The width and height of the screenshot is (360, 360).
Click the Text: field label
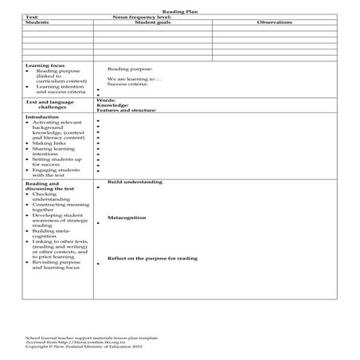pyautogui.click(x=33, y=18)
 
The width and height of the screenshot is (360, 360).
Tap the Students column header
pyautogui.click(x=37, y=22)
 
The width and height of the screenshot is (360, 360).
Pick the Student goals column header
pyautogui.click(x=151, y=22)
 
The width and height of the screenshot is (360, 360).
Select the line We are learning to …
pyautogui.click(x=135, y=79)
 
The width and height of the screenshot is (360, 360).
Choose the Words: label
pyautogui.click(x=106, y=100)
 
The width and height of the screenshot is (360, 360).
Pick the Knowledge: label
pyautogui.click(x=112, y=105)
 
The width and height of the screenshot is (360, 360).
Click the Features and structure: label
pyautogui.click(x=127, y=110)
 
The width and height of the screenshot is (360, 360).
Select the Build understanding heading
pyautogui.click(x=135, y=182)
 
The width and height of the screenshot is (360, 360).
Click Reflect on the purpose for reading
pyautogui.click(x=152, y=258)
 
